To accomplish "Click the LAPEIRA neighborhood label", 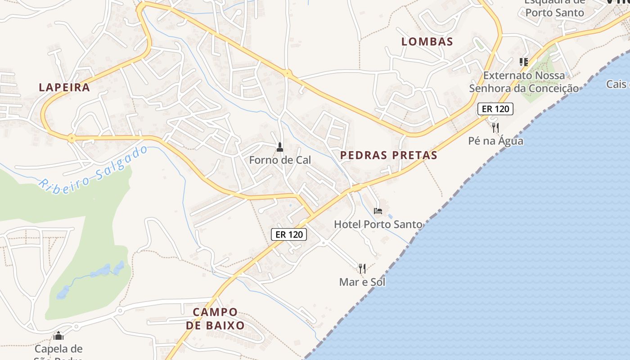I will click(64, 87).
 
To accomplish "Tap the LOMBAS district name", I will click(427, 41).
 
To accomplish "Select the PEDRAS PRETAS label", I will click(389, 155).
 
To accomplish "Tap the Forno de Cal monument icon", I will click(280, 147).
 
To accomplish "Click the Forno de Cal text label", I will click(280, 160).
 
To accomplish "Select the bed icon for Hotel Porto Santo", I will click(378, 211).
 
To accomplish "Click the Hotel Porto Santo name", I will click(378, 224).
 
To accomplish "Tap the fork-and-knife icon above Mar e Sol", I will click(362, 269).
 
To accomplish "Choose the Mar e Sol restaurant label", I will click(362, 282).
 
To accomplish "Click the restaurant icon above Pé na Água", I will click(495, 127).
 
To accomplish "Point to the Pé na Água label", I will click(495, 141).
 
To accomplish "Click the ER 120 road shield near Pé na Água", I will click(495, 109).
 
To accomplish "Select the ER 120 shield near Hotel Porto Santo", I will click(289, 234).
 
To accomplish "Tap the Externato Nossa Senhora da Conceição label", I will click(524, 81).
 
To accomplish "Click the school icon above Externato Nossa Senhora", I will click(523, 62).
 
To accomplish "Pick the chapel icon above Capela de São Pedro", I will click(58, 336).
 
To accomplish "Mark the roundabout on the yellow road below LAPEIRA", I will click(72, 138).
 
